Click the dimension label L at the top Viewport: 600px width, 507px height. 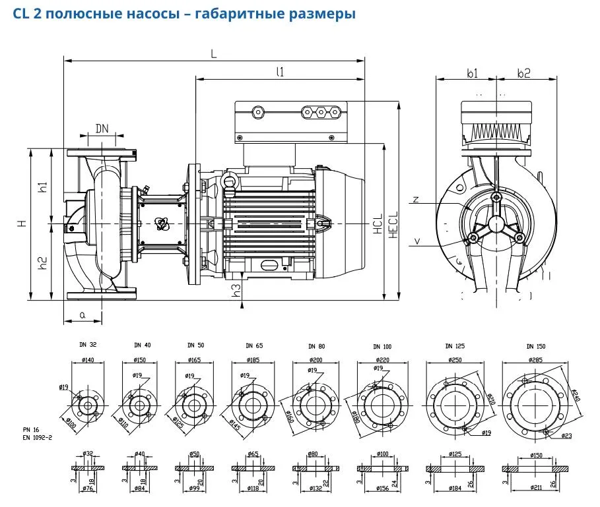213,54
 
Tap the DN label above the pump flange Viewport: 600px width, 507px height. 102,128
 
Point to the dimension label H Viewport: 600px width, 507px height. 22,224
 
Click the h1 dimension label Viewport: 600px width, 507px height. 43,187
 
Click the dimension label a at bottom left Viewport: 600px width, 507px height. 83,315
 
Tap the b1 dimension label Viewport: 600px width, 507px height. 473,74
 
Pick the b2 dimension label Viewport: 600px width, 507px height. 523,74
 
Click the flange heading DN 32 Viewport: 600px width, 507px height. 87,345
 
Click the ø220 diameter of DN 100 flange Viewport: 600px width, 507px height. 383,361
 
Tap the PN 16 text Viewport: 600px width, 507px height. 30,429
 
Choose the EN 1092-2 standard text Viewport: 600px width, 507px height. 36,436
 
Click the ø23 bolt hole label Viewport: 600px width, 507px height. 566,436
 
